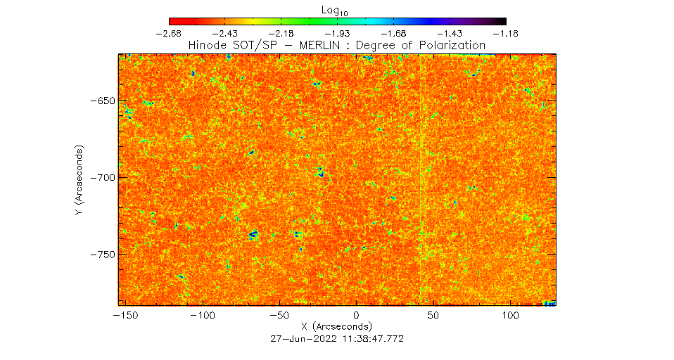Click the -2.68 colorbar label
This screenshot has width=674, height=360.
point(170,34)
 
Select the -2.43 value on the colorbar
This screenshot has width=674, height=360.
point(226,34)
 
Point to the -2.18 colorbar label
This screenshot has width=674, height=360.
point(281,34)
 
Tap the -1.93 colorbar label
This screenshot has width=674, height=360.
point(338,34)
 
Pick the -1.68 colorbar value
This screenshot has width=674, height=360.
point(394,34)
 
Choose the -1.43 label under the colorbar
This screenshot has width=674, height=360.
point(450,34)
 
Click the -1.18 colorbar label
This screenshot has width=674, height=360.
point(505,34)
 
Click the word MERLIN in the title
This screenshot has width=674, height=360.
point(322,45)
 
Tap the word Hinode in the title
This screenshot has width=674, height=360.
point(206,45)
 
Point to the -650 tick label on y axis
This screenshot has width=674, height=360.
point(101,101)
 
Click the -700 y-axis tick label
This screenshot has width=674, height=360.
point(101,177)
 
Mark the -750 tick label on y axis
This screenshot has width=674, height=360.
point(101,253)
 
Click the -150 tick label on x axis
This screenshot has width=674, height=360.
point(121,316)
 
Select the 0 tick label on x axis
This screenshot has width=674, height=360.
point(356,316)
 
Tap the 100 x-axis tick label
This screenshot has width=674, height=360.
point(509,316)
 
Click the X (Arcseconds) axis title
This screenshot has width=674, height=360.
point(337,327)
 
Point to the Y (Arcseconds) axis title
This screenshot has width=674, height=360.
point(80,181)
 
